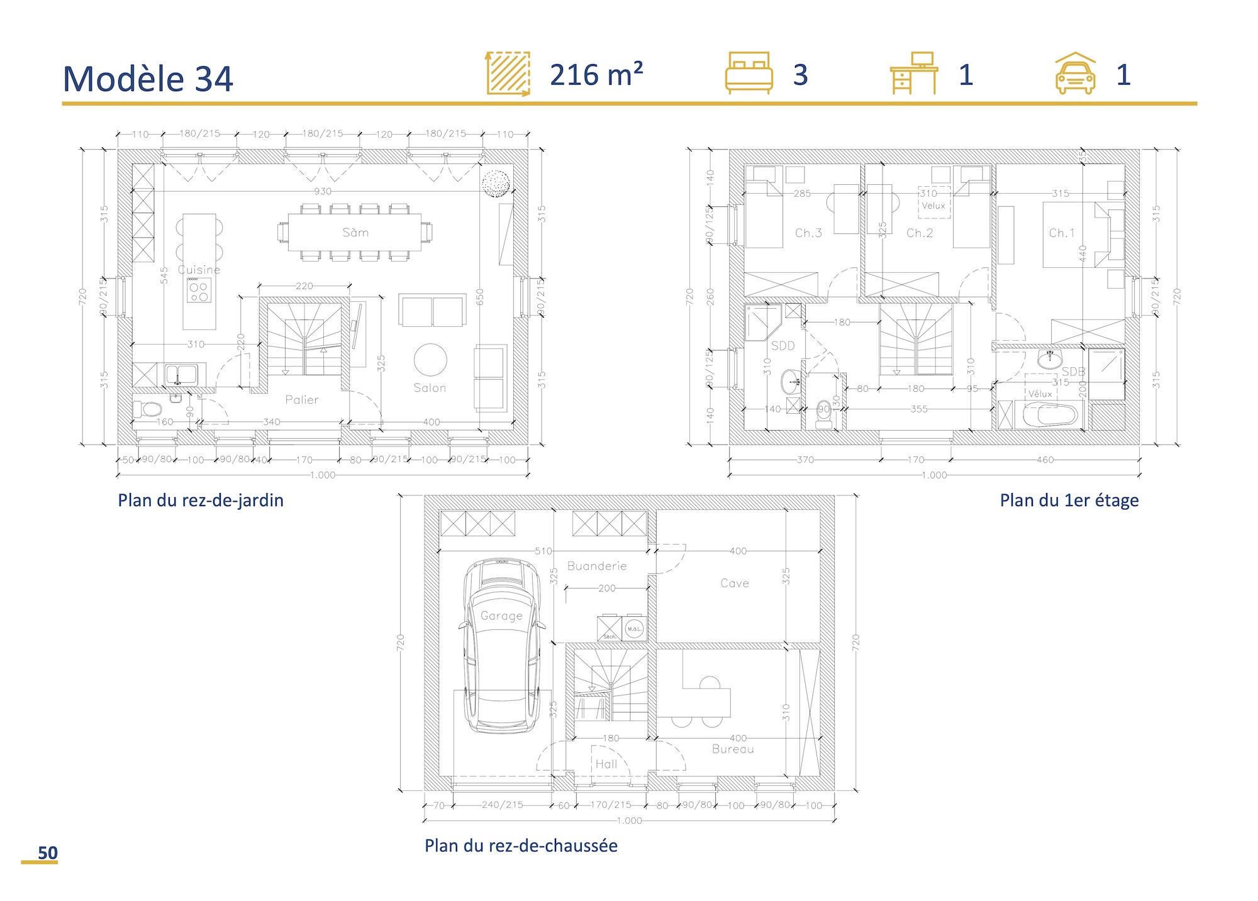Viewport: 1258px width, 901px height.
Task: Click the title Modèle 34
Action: [x=148, y=79]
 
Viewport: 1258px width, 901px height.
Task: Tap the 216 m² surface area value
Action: [x=596, y=75]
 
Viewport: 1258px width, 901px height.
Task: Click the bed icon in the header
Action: [x=749, y=74]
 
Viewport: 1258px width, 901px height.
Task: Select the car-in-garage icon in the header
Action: [x=1075, y=74]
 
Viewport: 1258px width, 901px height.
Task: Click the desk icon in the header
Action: [x=913, y=74]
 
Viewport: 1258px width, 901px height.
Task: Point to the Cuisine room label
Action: [x=199, y=270]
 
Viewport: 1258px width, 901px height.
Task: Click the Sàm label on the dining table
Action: [x=355, y=233]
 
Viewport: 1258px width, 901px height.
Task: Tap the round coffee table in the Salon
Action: [x=430, y=360]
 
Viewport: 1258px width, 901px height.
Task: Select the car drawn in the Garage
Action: [x=501, y=648]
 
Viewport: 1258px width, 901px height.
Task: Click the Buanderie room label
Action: [x=597, y=566]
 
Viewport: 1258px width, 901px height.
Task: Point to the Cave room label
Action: [x=735, y=583]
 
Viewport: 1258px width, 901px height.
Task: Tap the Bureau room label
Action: [x=733, y=749]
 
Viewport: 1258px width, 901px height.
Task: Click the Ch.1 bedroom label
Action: [x=1062, y=233]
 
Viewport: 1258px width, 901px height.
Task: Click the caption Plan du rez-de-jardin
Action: [x=201, y=500]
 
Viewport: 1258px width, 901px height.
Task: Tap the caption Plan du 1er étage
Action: [x=1069, y=500]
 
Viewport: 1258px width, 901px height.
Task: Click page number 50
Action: [x=47, y=853]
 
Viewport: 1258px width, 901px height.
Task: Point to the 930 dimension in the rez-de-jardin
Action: [x=322, y=191]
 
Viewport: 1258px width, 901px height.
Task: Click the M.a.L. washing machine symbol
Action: [x=634, y=628]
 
